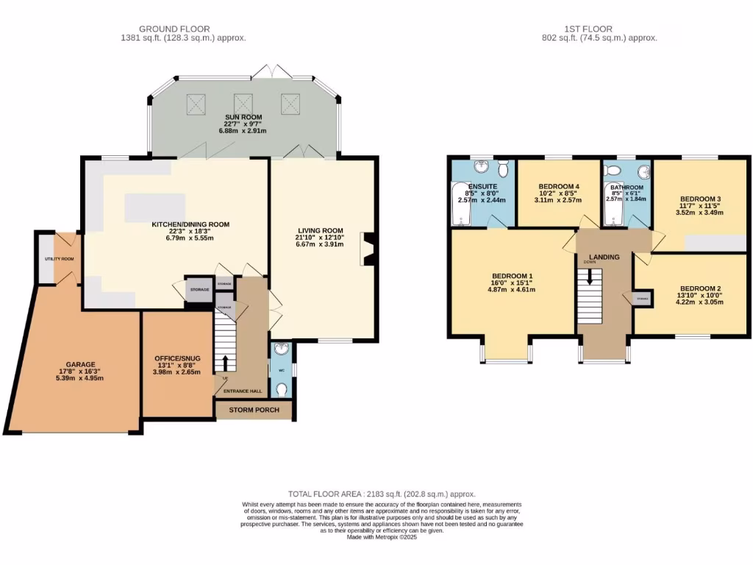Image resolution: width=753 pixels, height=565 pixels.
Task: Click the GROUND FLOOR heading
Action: pyautogui.click(x=182, y=28)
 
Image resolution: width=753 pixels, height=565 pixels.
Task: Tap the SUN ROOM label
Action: pyautogui.click(x=243, y=117)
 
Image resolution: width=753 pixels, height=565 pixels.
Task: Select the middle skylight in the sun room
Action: pyautogui.click(x=243, y=103)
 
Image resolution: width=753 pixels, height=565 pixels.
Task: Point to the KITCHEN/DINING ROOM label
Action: pyautogui.click(x=190, y=224)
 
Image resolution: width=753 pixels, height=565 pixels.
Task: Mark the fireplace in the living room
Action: pyautogui.click(x=367, y=249)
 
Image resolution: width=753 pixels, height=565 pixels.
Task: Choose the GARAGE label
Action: pyautogui.click(x=81, y=363)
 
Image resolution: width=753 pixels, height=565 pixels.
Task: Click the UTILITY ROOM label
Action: pyautogui.click(x=59, y=259)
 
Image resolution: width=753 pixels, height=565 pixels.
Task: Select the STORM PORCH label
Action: pyautogui.click(x=254, y=411)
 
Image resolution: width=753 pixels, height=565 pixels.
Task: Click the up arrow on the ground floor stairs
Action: pyautogui.click(x=225, y=362)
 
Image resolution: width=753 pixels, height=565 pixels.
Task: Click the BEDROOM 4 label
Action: pyautogui.click(x=559, y=186)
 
